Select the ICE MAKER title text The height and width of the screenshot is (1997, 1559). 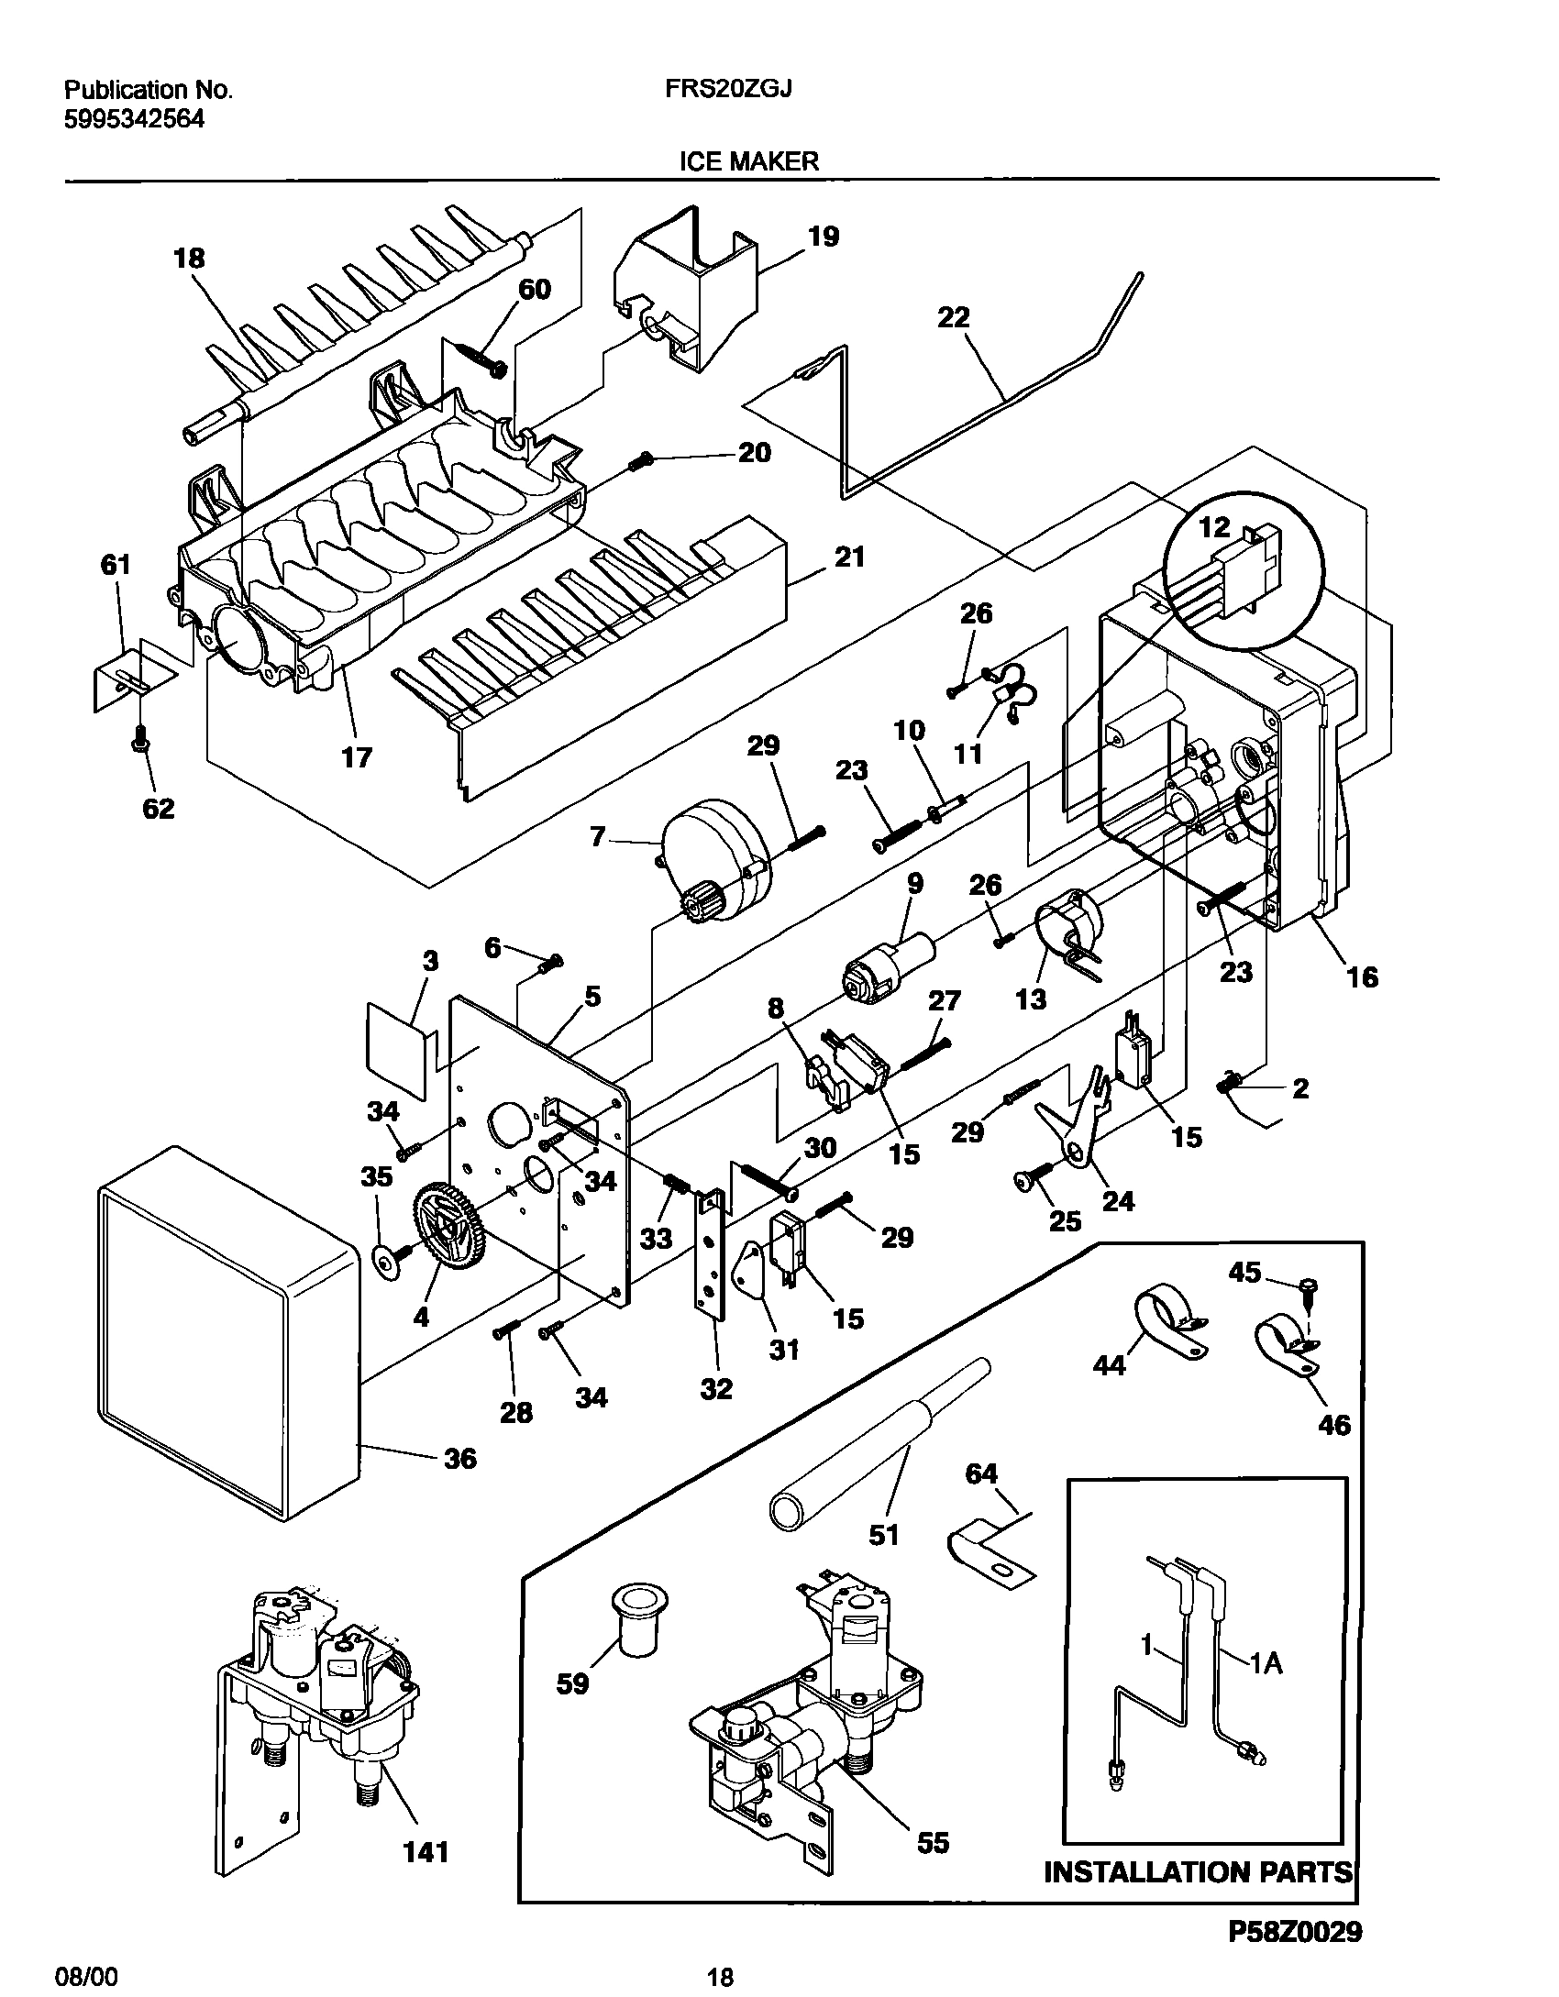point(748,161)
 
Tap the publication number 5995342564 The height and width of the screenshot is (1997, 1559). point(134,119)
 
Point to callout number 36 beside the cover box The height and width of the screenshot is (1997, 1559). point(460,1458)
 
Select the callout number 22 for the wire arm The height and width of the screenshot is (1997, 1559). point(954,318)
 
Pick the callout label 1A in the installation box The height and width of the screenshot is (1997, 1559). point(1266,1662)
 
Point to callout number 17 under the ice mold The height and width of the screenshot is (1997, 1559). point(357,756)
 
